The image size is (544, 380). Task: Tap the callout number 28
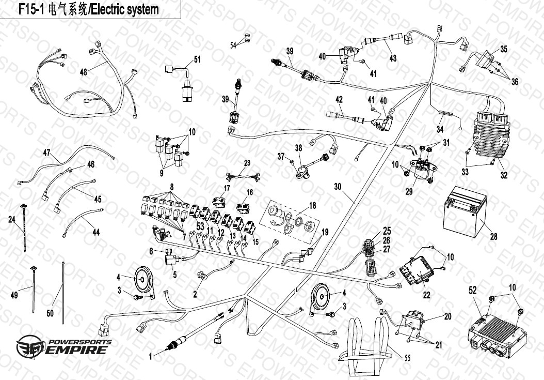[493, 237]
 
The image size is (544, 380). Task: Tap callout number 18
[312, 205]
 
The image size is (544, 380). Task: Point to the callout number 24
[11, 219]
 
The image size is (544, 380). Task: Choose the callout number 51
[197, 59]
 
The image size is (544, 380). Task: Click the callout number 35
[503, 50]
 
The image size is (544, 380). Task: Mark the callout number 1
[150, 356]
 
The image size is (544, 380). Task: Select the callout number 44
[95, 233]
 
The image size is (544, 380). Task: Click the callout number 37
[281, 156]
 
